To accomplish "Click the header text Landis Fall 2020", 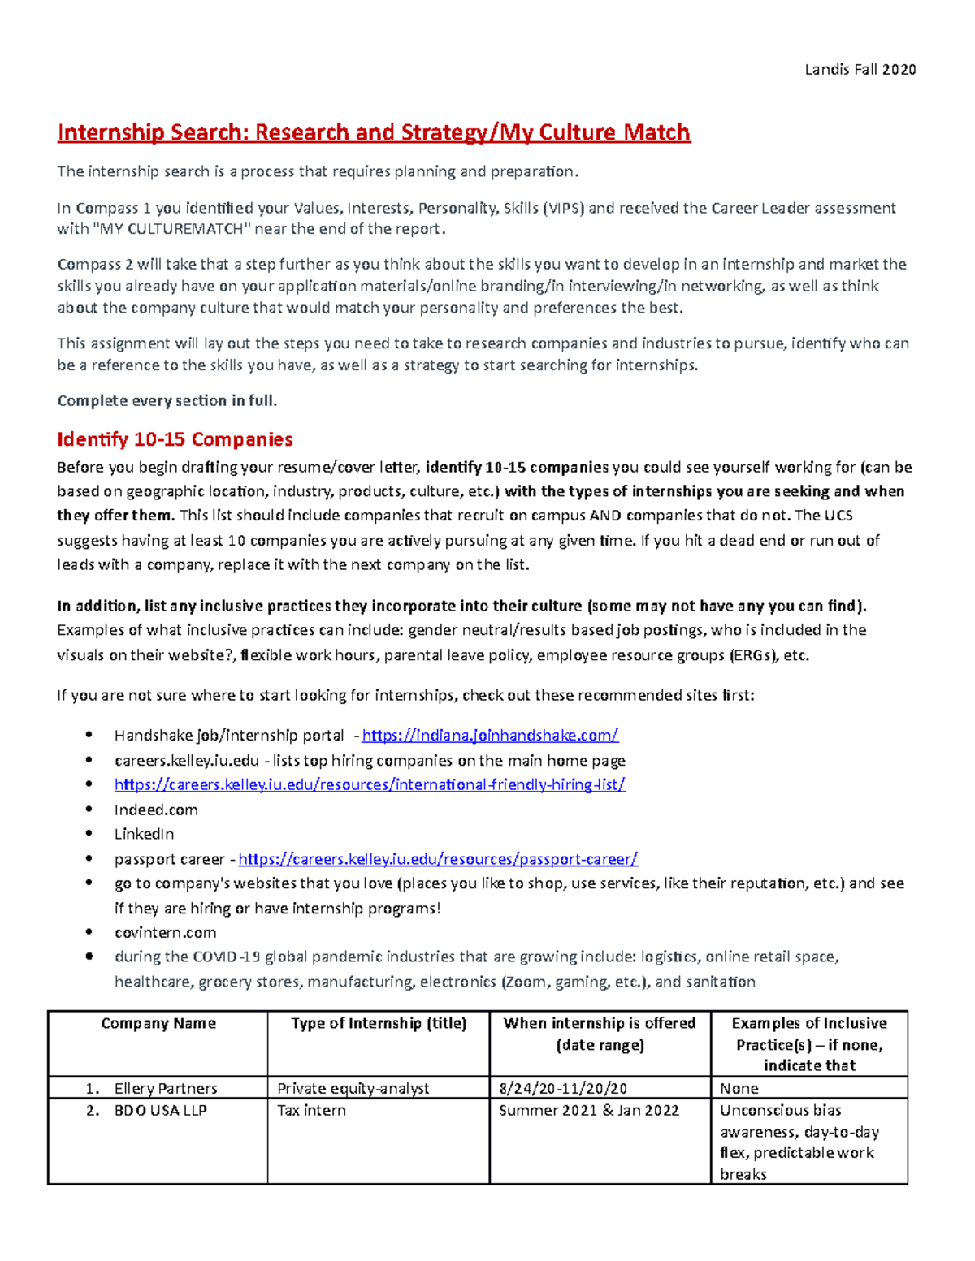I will (860, 70).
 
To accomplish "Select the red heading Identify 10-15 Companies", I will (175, 439).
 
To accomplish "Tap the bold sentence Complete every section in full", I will (167, 400).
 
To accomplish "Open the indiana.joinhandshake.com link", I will (490, 736).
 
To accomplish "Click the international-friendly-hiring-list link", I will (370, 784).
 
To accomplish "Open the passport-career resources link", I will (438, 859).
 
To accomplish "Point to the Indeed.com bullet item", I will (156, 810).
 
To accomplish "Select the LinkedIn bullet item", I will (144, 834).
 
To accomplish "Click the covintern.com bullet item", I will (165, 932).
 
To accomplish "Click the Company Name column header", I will (158, 1023).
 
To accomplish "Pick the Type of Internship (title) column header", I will (379, 1023).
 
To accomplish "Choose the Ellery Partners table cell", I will (166, 1088).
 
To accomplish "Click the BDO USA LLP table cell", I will (160, 1110).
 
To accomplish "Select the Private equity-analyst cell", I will (353, 1088).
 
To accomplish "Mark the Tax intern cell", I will (311, 1110).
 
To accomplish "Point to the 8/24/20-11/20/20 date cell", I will (563, 1088).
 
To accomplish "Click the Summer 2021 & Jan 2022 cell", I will (588, 1110).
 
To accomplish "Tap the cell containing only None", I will (739, 1088).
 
